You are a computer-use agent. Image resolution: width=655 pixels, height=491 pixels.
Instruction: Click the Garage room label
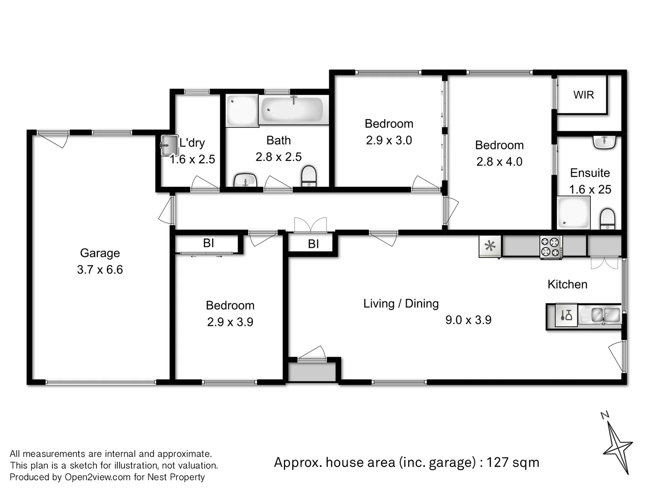[100, 253]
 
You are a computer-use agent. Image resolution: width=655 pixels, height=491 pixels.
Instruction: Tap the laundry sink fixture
[169, 145]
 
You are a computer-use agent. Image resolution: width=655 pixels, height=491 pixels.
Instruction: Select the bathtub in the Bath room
[294, 110]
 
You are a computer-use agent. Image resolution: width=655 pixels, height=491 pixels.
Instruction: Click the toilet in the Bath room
[309, 176]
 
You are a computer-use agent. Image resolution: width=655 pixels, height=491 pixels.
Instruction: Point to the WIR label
[583, 95]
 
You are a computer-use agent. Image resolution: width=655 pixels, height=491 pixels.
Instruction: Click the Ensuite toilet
[607, 219]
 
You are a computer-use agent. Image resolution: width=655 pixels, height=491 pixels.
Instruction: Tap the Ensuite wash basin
[605, 142]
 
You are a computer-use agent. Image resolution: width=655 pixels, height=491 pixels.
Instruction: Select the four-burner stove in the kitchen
[551, 247]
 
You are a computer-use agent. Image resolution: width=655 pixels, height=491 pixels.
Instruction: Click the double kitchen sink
[605, 315]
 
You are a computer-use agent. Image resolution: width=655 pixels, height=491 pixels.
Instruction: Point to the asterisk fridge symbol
[490, 247]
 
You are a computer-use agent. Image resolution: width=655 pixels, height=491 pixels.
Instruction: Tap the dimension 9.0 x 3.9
[468, 320]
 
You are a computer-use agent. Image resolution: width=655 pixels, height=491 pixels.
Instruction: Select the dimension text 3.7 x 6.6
[100, 270]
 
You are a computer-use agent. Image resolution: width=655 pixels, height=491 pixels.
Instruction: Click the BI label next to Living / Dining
[313, 244]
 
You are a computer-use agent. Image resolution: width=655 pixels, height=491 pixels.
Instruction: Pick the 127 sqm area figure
[513, 462]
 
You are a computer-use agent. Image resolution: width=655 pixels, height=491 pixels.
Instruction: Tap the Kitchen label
[567, 285]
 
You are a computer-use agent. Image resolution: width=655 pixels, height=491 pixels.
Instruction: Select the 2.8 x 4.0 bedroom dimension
[499, 162]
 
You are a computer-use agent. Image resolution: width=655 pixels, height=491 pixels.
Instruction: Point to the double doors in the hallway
[311, 226]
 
